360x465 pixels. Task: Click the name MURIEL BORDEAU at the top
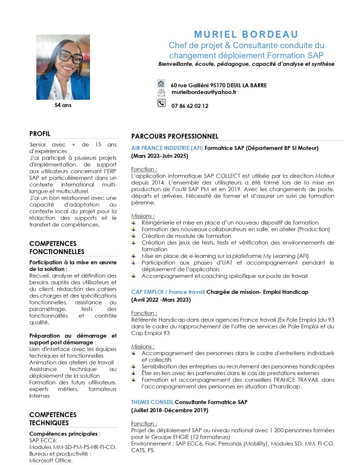(246, 35)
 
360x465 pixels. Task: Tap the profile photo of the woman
(63, 67)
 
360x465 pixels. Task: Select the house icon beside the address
(161, 84)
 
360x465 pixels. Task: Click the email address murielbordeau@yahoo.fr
(204, 92)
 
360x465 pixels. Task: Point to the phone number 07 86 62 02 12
(190, 106)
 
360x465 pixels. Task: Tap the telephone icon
(161, 104)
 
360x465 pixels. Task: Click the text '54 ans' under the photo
(63, 105)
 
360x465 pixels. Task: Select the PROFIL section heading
(40, 134)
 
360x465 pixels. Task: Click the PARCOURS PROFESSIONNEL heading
(175, 136)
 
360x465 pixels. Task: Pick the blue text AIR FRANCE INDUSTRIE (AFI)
(167, 148)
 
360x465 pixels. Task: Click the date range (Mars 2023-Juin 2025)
(160, 156)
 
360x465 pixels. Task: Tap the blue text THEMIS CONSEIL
(152, 402)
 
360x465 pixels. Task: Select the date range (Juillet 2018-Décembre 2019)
(170, 410)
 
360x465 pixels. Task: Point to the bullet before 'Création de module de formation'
(134, 236)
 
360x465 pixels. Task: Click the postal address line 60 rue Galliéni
(219, 85)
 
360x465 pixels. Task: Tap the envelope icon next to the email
(161, 93)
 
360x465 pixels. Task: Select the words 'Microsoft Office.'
(51, 460)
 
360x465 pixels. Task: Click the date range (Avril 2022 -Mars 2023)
(161, 300)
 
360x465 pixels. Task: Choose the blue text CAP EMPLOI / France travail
(168, 292)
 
